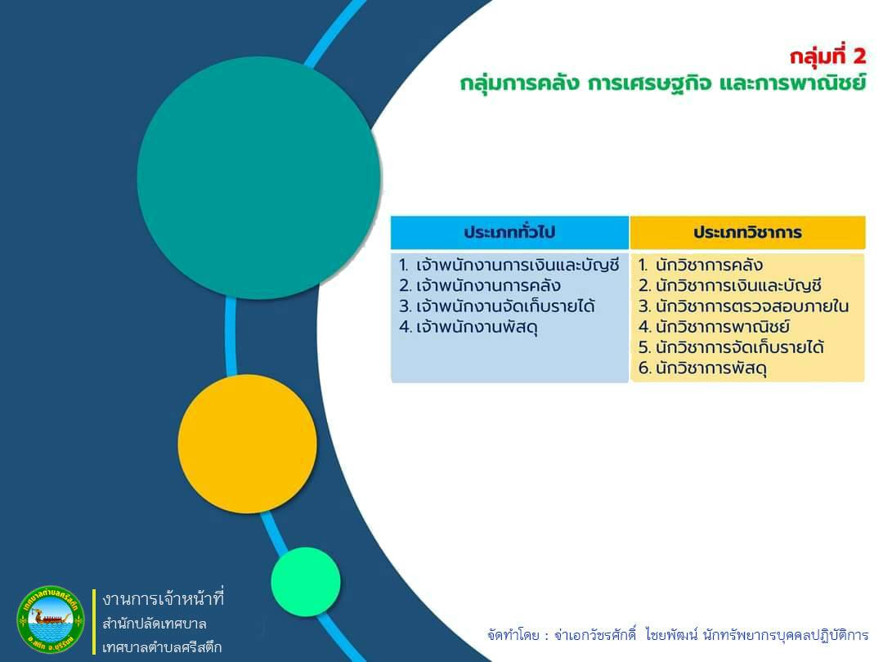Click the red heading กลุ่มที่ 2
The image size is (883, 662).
(827, 57)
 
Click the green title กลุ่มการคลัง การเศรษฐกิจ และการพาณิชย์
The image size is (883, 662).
(663, 83)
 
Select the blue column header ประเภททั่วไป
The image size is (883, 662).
(509, 232)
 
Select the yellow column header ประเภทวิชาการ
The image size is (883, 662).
(747, 232)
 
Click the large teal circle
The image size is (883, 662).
(259, 178)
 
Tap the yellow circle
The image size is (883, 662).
(247, 444)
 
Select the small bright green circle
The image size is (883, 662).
(306, 582)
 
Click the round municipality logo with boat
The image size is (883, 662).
(51, 620)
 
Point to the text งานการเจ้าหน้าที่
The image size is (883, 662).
(164, 598)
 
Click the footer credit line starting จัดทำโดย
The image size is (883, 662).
(678, 635)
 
